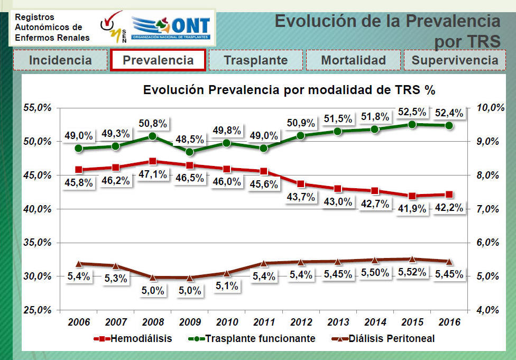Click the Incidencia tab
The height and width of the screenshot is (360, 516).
tap(60, 60)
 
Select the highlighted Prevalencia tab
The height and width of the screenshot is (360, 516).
tap(158, 60)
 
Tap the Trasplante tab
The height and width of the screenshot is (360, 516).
tap(256, 60)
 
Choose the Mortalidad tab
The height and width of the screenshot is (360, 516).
tap(354, 60)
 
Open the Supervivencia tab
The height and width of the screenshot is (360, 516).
tap(455, 60)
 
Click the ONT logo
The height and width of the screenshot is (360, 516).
tap(170, 27)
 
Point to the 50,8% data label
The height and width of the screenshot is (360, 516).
tap(153, 123)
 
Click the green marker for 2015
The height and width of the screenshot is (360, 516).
tap(412, 124)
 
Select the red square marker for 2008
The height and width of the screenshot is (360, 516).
tap(153, 161)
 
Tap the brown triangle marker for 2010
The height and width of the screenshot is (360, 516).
tap(227, 273)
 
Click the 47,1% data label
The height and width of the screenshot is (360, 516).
tap(153, 174)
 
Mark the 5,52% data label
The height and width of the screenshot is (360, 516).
tap(412, 272)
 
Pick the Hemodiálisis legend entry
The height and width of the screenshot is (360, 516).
tap(133, 339)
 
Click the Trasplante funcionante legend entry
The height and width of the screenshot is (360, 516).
tap(252, 339)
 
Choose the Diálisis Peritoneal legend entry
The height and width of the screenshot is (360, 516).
tap(383, 339)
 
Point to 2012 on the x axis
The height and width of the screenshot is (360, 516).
tap(301, 322)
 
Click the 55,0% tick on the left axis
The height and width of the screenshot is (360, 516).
tap(38, 108)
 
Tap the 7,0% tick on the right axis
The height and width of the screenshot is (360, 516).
tap(487, 209)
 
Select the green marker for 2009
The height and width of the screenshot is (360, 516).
tap(190, 152)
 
